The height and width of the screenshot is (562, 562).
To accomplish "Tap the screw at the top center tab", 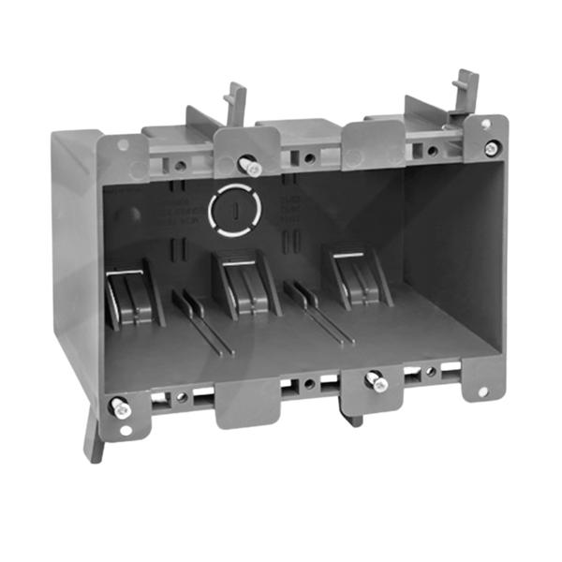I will pyautogui.click(x=251, y=166).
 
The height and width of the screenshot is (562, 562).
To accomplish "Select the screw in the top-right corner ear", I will pyautogui.click(x=491, y=147).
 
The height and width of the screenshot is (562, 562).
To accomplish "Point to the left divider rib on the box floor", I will pyautogui.click(x=201, y=322).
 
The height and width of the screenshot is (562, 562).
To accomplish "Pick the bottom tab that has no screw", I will pyautogui.click(x=247, y=402).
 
